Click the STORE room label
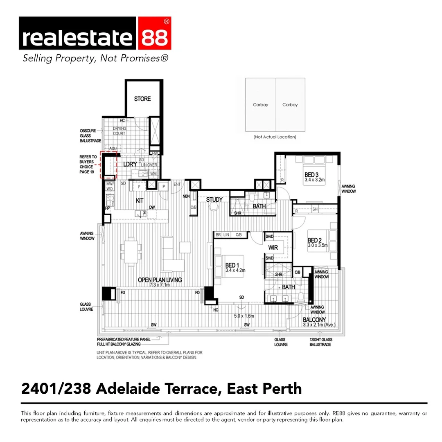tap(142, 99)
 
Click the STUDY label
tap(214, 200)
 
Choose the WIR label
tap(273, 248)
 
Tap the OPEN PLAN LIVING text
tap(160, 280)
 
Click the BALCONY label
tap(314, 320)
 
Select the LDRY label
tap(130, 165)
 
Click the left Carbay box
tap(260, 105)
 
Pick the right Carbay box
tap(290, 105)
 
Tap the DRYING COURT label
tap(120, 131)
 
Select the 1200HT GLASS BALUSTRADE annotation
tap(320, 342)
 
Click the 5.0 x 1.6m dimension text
tap(244, 316)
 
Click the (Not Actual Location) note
tap(275, 137)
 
